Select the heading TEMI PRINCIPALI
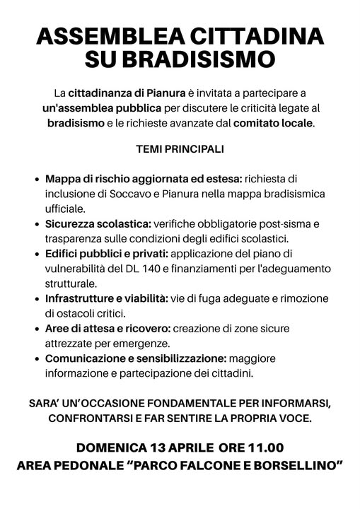180,149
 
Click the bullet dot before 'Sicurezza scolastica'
36,224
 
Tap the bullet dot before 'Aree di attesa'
36,329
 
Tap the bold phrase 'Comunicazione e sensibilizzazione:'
136,358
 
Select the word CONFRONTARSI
93,419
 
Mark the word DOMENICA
112,448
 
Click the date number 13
160,448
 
